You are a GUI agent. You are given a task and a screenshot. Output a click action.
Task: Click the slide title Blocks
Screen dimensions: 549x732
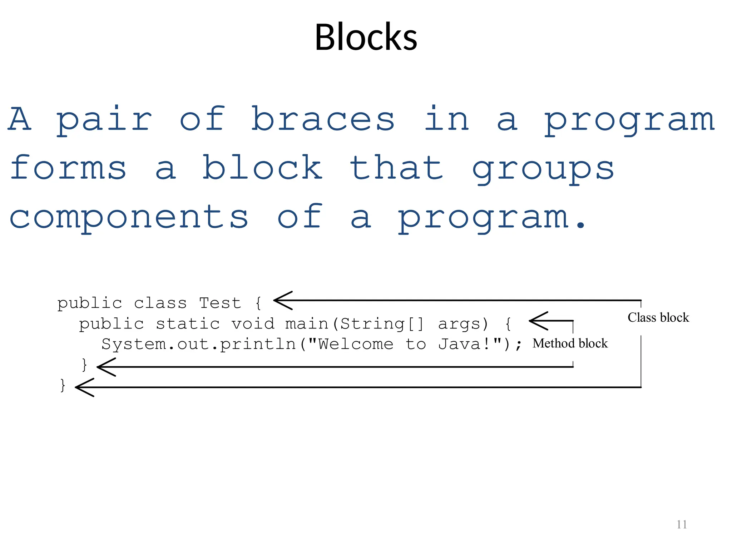(366, 37)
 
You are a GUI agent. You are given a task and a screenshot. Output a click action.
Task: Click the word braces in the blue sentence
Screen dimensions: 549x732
(323, 119)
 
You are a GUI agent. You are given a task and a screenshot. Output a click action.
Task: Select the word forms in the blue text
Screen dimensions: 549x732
(68, 168)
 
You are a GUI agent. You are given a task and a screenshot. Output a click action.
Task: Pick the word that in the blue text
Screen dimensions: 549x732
(397, 168)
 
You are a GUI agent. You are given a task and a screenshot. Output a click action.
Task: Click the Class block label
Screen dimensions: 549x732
(658, 317)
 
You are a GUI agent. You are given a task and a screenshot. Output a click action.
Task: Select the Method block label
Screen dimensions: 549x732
(570, 343)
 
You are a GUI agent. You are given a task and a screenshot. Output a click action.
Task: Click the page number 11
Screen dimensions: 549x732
(682, 524)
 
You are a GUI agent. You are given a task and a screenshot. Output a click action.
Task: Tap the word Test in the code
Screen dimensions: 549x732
(220, 303)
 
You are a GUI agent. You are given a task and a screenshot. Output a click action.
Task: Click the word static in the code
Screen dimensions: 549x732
(188, 324)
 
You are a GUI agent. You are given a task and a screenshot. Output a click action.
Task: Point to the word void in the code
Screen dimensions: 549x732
(253, 324)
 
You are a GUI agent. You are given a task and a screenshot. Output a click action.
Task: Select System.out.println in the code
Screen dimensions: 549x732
(199, 344)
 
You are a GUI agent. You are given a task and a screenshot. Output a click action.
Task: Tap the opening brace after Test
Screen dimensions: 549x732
(258, 303)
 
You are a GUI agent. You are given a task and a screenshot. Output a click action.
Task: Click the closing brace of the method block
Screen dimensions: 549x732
(85, 365)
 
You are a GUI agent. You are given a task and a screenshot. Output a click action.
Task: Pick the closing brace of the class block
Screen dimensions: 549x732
(63, 385)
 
